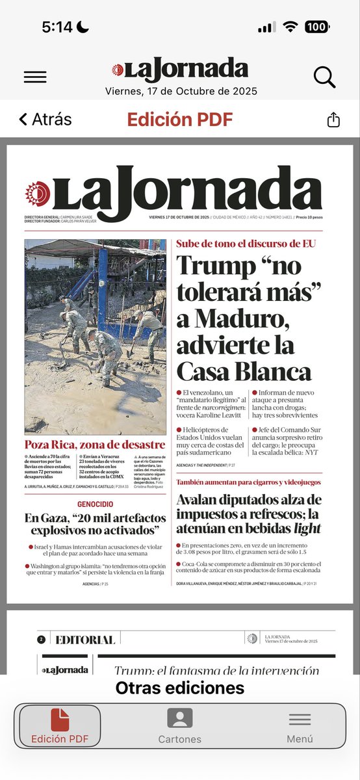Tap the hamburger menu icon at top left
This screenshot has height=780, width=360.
pos(35,77)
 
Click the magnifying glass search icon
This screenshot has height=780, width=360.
pos(324,77)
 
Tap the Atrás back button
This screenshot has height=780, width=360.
pos(45,120)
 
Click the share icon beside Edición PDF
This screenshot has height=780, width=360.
pos(333,120)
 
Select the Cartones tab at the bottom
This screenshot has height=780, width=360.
pos(180,725)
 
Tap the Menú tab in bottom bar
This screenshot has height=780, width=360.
pos(300,725)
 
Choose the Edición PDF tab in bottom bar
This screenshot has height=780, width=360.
pos(60,725)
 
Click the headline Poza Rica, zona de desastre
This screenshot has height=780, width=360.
pos(95,445)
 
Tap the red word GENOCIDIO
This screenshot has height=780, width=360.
pos(95,504)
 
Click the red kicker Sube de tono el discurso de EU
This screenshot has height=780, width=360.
pos(246,244)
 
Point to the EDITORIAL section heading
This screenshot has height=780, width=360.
pos(85,640)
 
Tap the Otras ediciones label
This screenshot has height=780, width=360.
pos(180,688)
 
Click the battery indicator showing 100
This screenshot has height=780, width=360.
pos(316,27)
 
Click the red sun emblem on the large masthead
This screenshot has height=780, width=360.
pos(38,193)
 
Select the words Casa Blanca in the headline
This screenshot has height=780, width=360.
pos(244,371)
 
